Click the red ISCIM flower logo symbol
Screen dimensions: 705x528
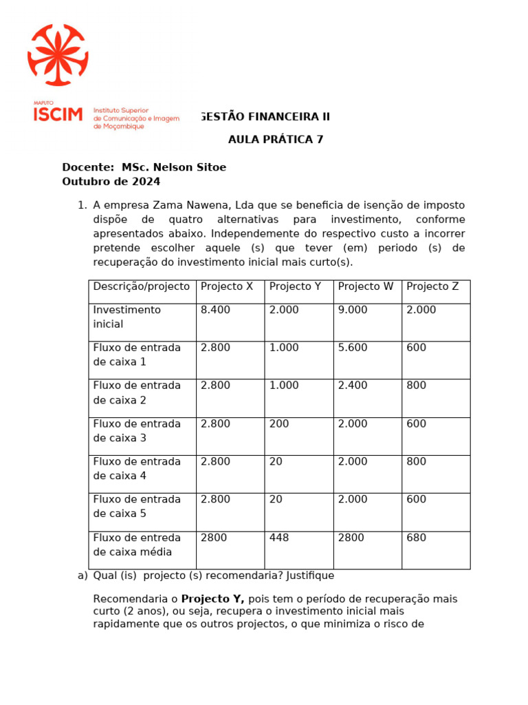[58, 54]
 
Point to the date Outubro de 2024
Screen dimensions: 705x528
[111, 182]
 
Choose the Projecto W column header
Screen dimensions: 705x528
[365, 286]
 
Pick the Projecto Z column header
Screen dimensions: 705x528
[432, 286]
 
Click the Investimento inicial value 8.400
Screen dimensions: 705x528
[215, 310]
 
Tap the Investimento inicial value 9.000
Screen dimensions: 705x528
[352, 310]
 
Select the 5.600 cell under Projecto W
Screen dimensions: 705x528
[352, 348]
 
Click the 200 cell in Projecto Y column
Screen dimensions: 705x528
[279, 424]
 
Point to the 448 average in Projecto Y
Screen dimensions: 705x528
[279, 538]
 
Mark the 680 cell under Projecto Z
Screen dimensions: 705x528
[416, 538]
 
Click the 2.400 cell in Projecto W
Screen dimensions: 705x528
[352, 386]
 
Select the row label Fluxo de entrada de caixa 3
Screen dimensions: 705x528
[137, 431]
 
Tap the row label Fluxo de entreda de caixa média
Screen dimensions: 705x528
[137, 545]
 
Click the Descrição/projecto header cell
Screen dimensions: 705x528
[141, 286]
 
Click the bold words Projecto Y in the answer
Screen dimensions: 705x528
[212, 599]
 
